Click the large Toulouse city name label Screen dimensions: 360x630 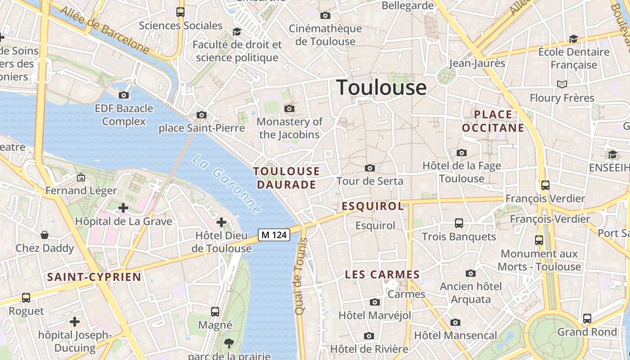(x=381, y=87)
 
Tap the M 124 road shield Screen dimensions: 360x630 (x=274, y=234)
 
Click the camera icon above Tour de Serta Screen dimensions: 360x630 (x=370, y=168)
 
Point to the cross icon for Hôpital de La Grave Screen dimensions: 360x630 (x=123, y=208)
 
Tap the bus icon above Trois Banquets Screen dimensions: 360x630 (x=459, y=223)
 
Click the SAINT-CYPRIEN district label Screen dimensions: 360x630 (x=94, y=277)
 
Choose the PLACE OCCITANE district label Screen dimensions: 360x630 (x=493, y=121)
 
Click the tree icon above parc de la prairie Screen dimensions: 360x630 (x=229, y=344)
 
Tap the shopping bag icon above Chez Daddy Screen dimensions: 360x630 (x=45, y=235)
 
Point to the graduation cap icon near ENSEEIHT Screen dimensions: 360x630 (x=612, y=155)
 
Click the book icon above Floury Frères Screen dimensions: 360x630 (x=562, y=84)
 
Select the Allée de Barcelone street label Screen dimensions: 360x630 (x=104, y=30)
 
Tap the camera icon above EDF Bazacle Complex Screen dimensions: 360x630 (x=124, y=95)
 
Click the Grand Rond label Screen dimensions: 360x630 (x=587, y=332)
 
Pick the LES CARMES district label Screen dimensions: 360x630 (x=382, y=274)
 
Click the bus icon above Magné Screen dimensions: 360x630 (x=215, y=311)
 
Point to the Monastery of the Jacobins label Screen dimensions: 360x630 (x=289, y=128)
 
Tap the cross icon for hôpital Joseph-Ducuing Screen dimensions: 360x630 (x=75, y=322)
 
